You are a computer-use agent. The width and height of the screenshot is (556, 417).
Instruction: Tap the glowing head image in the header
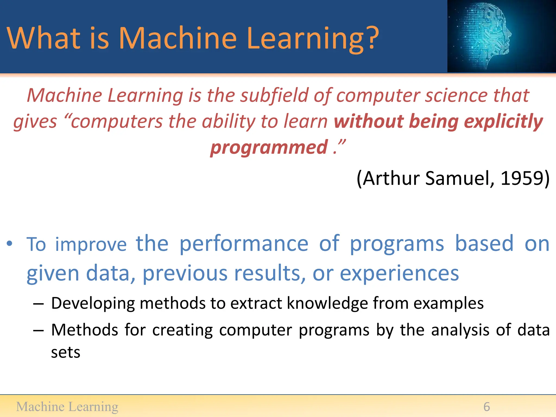click(489, 36)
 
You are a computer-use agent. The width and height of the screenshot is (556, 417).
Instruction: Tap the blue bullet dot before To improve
click(10, 243)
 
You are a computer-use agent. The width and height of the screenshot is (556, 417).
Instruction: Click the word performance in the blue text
click(244, 244)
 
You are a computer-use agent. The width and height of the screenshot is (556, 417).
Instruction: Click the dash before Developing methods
click(38, 304)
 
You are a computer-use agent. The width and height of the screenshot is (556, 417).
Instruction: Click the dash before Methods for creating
click(38, 330)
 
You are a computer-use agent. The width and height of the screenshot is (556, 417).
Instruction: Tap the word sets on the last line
click(66, 353)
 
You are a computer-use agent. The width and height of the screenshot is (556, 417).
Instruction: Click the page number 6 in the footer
click(486, 407)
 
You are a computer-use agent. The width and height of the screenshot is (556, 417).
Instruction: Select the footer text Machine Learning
click(67, 407)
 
